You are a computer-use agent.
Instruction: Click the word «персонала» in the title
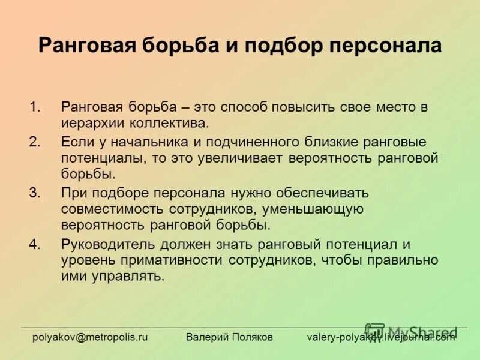click(385, 46)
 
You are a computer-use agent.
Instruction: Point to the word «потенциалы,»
click(98, 158)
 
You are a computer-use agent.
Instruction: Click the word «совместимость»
click(102, 209)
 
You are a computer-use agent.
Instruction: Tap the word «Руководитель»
click(109, 244)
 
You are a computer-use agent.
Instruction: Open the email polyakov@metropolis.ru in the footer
click(90, 337)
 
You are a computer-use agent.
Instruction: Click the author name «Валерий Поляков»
click(229, 337)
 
